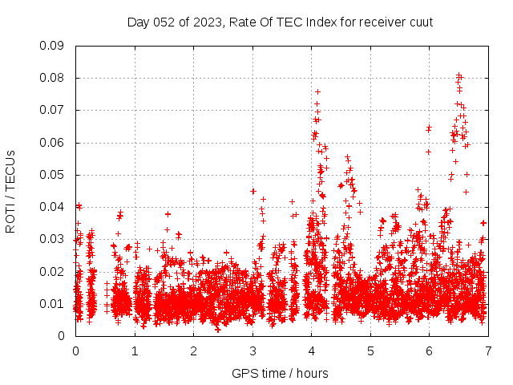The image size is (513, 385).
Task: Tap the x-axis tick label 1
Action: coord(135,351)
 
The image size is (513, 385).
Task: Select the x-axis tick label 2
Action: coord(193,351)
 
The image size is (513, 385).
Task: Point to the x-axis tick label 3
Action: coord(252,351)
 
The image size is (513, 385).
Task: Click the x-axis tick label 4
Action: coord(311,351)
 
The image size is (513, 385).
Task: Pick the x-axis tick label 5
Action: coord(370,351)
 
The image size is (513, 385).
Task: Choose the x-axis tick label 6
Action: coord(429,351)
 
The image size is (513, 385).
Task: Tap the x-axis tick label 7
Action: coord(488,351)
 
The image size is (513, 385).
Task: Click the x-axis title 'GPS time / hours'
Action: coord(281,373)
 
